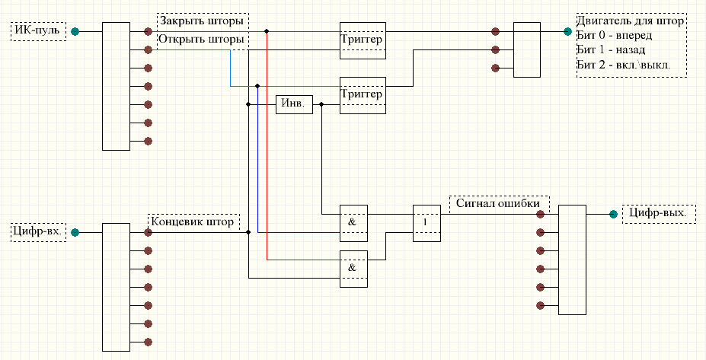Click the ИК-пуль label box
pyautogui.click(x=38, y=31)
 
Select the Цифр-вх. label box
pyautogui.click(x=38, y=232)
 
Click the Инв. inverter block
pyautogui.click(x=294, y=104)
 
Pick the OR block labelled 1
pyautogui.click(x=426, y=223)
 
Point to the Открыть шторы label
pyautogui.click(x=202, y=39)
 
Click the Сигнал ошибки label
pyautogui.click(x=498, y=203)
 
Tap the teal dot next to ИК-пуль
pyautogui.click(x=75, y=31)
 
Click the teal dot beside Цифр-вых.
pyautogui.click(x=613, y=214)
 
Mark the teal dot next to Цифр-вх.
pyautogui.click(x=75, y=232)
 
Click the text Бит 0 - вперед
pyautogui.click(x=614, y=35)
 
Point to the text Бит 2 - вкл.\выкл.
pyautogui.click(x=623, y=64)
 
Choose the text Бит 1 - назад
pyautogui.click(x=611, y=49)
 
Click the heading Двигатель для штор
pyautogui.click(x=631, y=21)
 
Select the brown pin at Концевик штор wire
pyautogui.click(x=148, y=232)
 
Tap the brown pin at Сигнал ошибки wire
pyautogui.click(x=540, y=214)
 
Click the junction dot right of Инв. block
pyautogui.click(x=321, y=104)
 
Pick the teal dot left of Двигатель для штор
pyautogui.click(x=568, y=31)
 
